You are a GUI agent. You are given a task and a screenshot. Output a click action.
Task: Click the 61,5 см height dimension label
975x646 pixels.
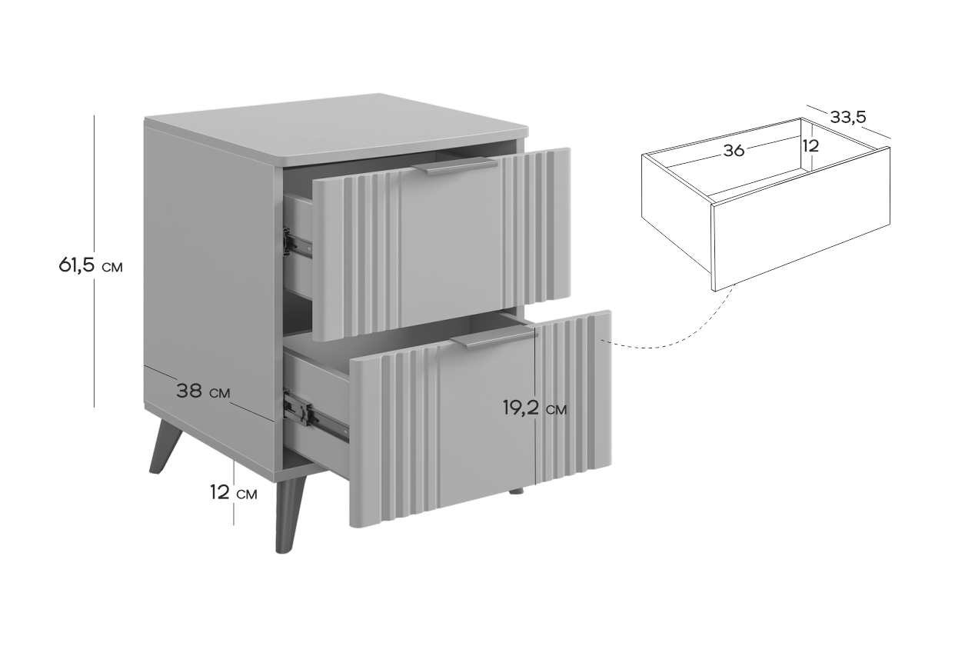click(x=91, y=265)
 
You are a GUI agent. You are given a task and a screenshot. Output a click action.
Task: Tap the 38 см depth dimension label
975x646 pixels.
click(x=203, y=391)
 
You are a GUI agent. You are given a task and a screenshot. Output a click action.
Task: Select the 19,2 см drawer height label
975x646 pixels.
click(x=535, y=408)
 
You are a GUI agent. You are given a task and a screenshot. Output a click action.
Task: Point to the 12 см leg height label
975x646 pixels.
click(x=234, y=492)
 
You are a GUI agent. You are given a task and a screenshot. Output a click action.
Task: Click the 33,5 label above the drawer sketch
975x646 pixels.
click(x=848, y=117)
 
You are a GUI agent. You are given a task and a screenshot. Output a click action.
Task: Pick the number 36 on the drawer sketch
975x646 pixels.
click(x=734, y=151)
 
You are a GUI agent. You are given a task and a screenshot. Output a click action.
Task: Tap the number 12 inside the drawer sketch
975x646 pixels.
click(x=811, y=146)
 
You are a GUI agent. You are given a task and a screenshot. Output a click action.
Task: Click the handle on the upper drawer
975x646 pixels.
click(x=455, y=166)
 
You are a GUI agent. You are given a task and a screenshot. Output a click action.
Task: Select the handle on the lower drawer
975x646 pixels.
click(x=494, y=338)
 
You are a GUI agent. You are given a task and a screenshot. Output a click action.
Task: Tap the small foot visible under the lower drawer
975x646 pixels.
click(x=516, y=491)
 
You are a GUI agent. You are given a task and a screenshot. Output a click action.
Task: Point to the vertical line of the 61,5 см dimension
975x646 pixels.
click(x=95, y=261)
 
